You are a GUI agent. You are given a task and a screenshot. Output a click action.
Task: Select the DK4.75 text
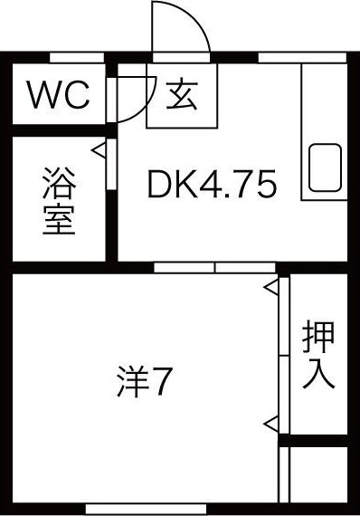212,186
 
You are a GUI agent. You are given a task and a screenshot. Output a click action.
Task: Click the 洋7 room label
144,384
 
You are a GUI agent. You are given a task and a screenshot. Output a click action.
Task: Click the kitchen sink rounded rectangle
327,171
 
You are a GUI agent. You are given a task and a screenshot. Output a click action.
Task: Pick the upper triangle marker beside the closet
271,288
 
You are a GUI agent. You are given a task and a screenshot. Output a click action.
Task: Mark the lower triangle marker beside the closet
271,422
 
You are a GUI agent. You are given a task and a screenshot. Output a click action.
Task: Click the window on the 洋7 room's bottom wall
146,508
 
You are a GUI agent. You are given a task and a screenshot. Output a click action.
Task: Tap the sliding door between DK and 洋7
215,267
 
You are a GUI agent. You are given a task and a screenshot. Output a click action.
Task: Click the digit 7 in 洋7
161,385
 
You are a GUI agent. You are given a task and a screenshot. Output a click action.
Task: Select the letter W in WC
44,95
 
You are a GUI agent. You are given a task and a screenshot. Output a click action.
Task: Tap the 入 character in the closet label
318,373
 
